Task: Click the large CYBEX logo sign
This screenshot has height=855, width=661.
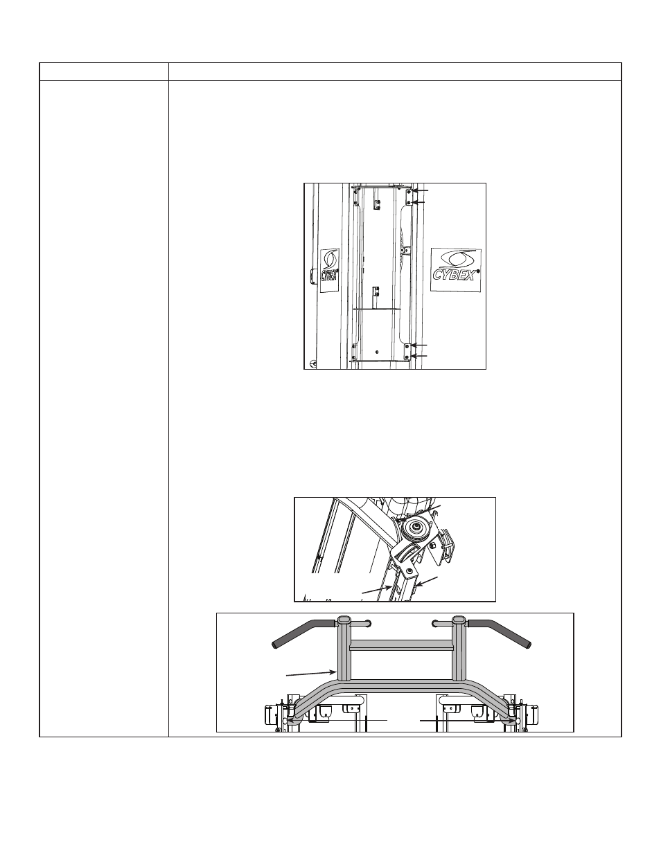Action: tap(456, 270)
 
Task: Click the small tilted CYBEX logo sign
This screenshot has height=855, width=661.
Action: tap(330, 270)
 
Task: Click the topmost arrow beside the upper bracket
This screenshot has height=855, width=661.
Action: tap(420, 191)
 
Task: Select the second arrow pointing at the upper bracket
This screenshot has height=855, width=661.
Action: tap(420, 202)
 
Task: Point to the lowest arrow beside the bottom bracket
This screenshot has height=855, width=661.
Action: tap(419, 356)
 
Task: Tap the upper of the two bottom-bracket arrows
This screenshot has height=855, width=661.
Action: tap(419, 345)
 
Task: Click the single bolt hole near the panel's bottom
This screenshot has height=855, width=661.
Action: tap(377, 352)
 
